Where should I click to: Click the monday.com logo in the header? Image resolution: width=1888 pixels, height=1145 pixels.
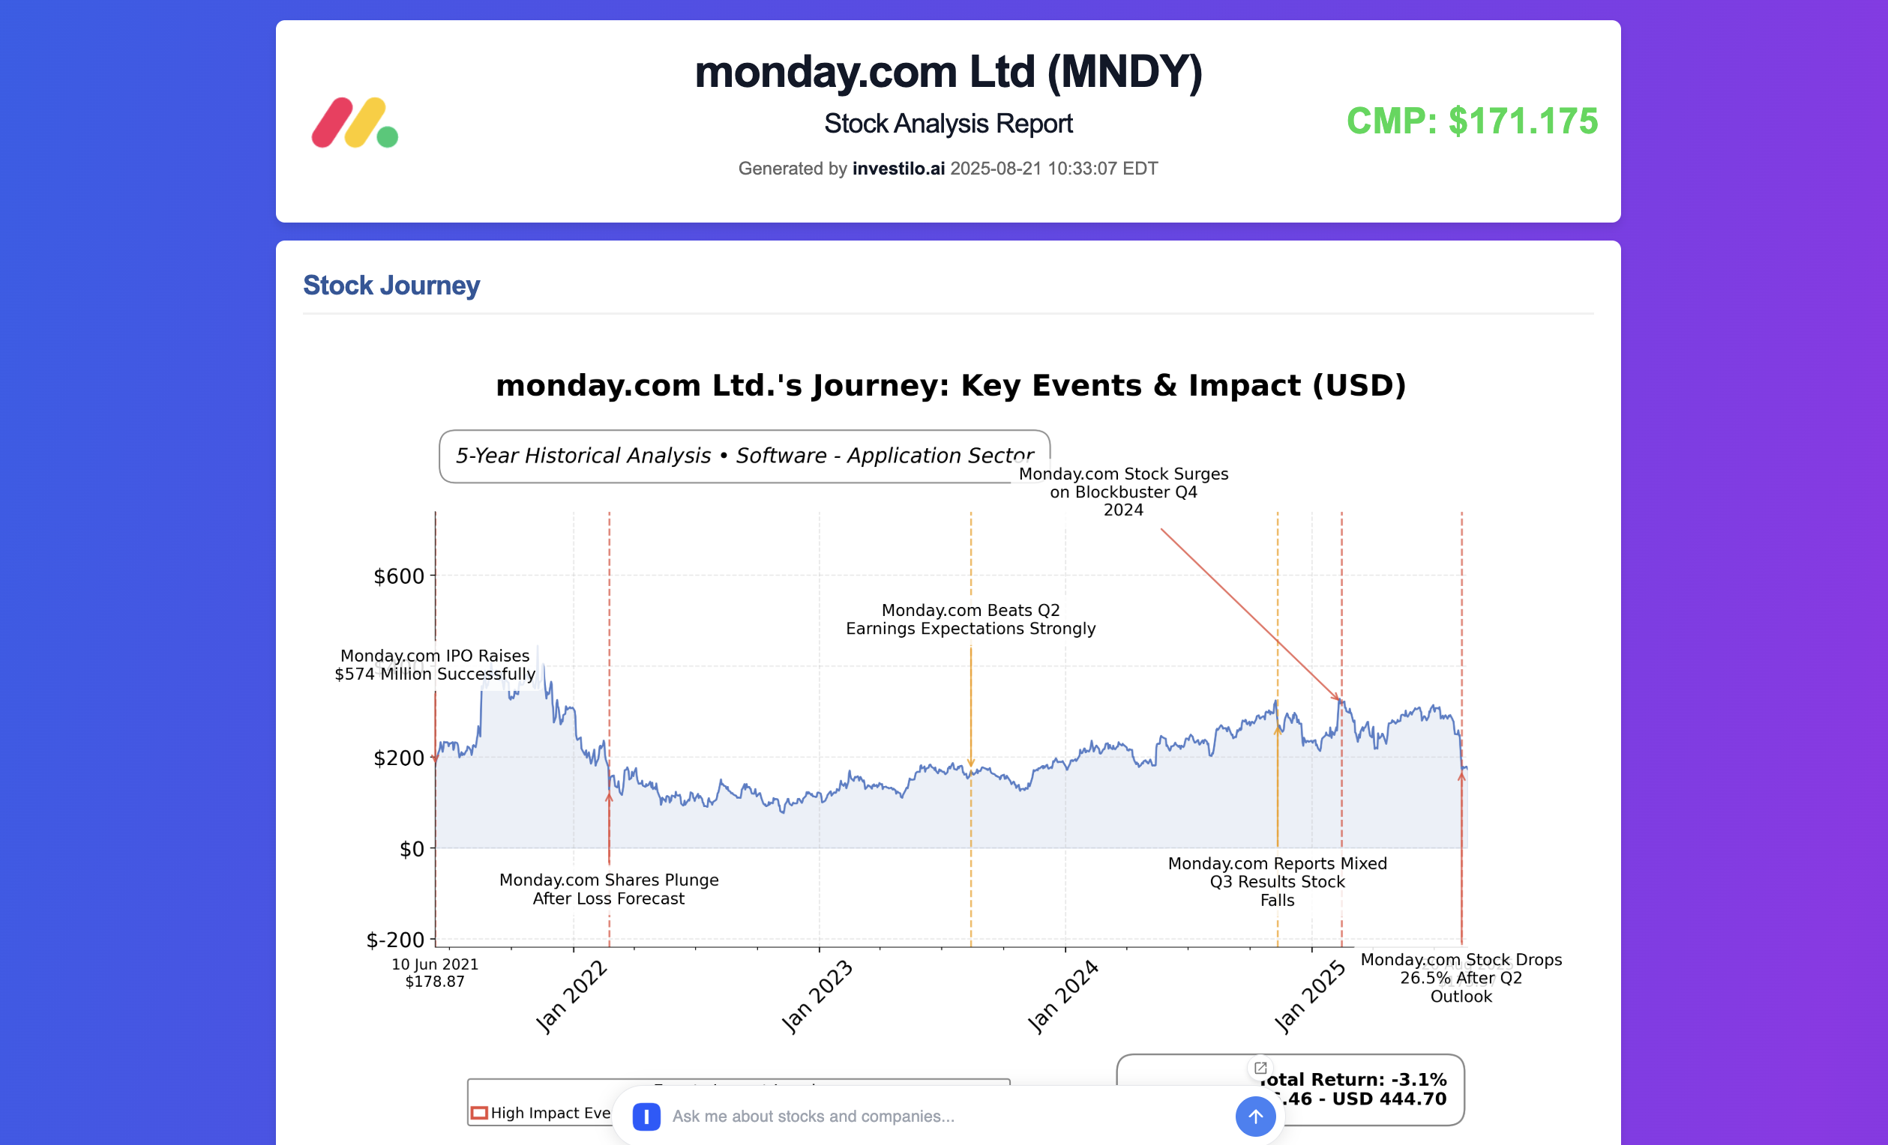pos(355,123)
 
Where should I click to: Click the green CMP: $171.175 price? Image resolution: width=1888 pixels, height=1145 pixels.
pos(1471,121)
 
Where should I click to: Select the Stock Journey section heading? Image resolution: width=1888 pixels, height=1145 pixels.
pos(391,285)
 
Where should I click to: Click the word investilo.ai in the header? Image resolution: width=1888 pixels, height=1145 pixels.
pos(898,169)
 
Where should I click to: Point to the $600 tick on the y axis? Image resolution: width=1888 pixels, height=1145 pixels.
pos(398,576)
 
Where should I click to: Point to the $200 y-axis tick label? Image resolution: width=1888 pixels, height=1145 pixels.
pos(398,758)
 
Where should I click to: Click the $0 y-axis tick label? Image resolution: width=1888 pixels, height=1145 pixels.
pos(412,848)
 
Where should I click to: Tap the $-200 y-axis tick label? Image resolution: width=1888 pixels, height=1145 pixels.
pos(395,940)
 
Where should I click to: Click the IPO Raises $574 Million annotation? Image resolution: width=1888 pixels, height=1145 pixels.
pos(434,665)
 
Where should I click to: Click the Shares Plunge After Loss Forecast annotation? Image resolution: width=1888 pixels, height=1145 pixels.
pos(608,889)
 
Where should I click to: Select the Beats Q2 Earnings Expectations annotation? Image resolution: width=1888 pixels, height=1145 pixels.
pos(970,619)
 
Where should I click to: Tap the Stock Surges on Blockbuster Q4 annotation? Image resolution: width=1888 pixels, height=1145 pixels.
pos(1122,492)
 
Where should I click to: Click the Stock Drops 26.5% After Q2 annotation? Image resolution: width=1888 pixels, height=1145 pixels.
pos(1461,977)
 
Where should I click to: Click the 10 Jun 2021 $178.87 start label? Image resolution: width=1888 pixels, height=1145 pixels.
pos(434,973)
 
